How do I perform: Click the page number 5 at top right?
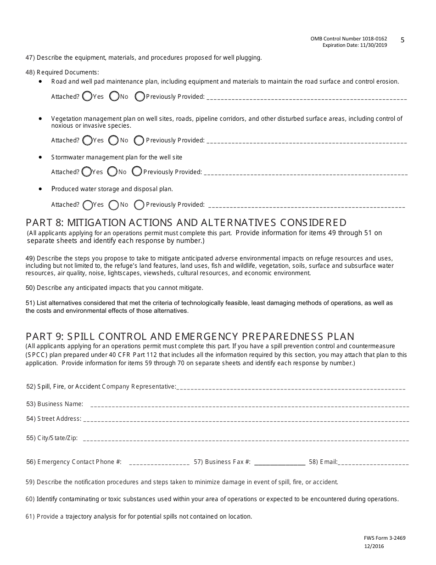point(402,40)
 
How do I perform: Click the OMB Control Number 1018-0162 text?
point(348,39)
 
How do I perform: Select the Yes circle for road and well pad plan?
point(87,96)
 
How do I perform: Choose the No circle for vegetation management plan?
point(112,140)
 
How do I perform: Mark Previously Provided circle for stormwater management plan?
point(136,171)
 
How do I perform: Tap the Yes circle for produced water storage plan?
point(87,204)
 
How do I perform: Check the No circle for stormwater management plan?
point(112,171)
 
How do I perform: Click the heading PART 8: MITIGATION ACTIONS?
point(186,223)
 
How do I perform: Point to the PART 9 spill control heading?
point(190,336)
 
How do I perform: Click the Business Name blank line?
point(249,406)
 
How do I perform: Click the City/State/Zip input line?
point(246,440)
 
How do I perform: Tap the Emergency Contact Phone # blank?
point(159,463)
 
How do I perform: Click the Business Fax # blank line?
point(279,463)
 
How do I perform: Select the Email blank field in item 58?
point(373,463)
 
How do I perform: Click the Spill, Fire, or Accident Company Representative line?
point(291,388)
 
